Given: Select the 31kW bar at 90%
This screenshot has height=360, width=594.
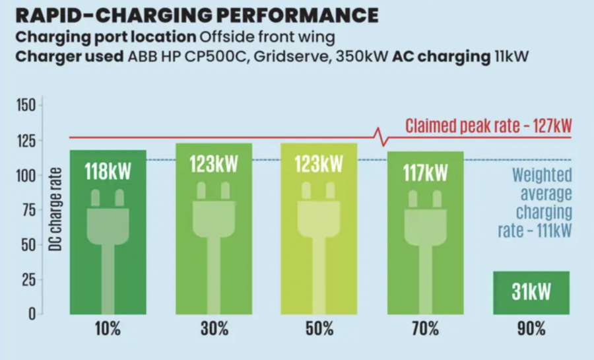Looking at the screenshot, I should [531, 292].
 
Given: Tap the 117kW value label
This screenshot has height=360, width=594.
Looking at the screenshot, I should [425, 173].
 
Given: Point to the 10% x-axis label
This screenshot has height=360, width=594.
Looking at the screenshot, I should [108, 328].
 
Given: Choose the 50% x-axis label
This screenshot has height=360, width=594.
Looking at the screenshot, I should [319, 328].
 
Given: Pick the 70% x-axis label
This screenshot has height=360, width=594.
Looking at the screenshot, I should [425, 328].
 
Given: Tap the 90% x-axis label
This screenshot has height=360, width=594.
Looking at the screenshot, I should [531, 328].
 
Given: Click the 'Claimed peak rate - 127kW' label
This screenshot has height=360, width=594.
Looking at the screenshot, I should [488, 126].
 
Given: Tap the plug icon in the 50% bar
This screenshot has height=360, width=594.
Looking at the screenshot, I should [319, 225].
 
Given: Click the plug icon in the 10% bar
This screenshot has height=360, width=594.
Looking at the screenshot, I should [108, 225].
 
